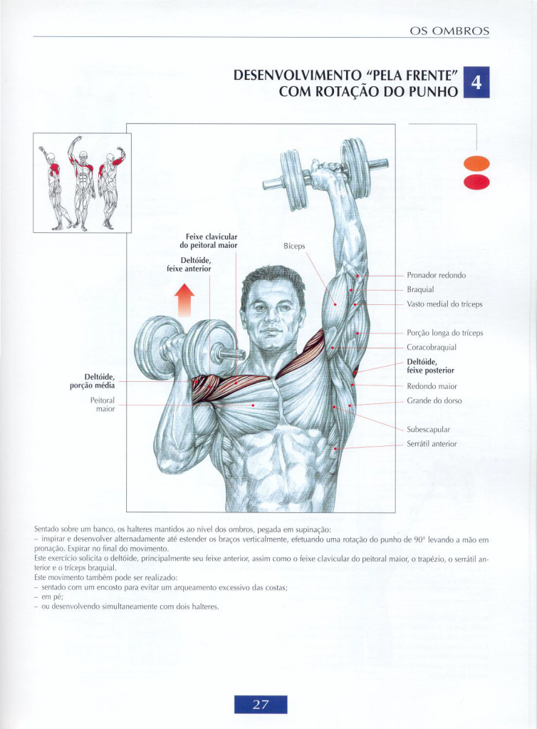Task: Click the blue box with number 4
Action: pos(476,82)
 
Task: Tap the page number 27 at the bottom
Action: pos(261,704)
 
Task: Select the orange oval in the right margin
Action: pos(476,164)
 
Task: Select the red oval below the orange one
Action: pos(476,182)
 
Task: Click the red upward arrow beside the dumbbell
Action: pos(184,300)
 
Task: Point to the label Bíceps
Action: pos(294,246)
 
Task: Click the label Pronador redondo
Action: pos(436,275)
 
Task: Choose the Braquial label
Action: pos(420,289)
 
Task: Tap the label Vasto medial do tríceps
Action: pos(444,304)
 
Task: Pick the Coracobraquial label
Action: pos(432,347)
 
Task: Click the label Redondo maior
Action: pos(432,386)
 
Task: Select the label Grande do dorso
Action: pos(434,400)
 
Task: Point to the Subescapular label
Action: pos(428,430)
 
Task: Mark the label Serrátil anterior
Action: pos(432,444)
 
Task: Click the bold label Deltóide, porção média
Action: pos(93,381)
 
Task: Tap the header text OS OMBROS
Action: pos(449,31)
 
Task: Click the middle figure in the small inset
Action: pos(81,183)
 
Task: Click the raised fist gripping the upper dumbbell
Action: pos(328,175)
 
